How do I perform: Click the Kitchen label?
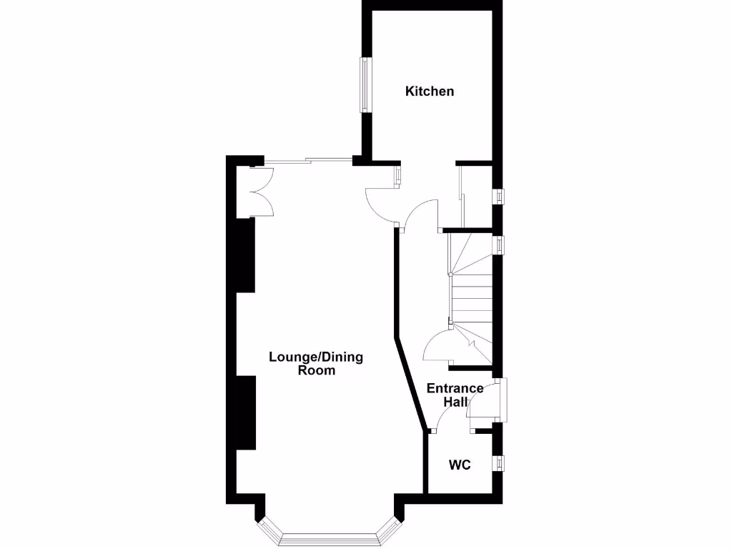click(430, 91)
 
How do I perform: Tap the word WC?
click(460, 465)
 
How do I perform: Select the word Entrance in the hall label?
click(455, 389)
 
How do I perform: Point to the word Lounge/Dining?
click(315, 357)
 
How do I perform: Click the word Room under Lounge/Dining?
click(317, 371)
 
